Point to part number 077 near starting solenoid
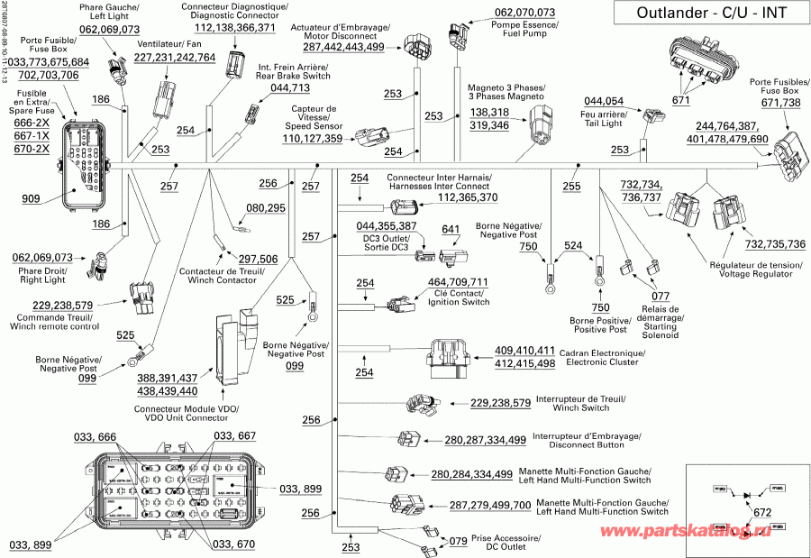pyautogui.click(x=661, y=295)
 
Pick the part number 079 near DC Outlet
pyautogui.click(x=459, y=541)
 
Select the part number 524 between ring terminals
pyautogui.click(x=573, y=245)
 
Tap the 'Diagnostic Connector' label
pyautogui.click(x=234, y=15)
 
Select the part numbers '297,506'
pyautogui.click(x=258, y=260)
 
